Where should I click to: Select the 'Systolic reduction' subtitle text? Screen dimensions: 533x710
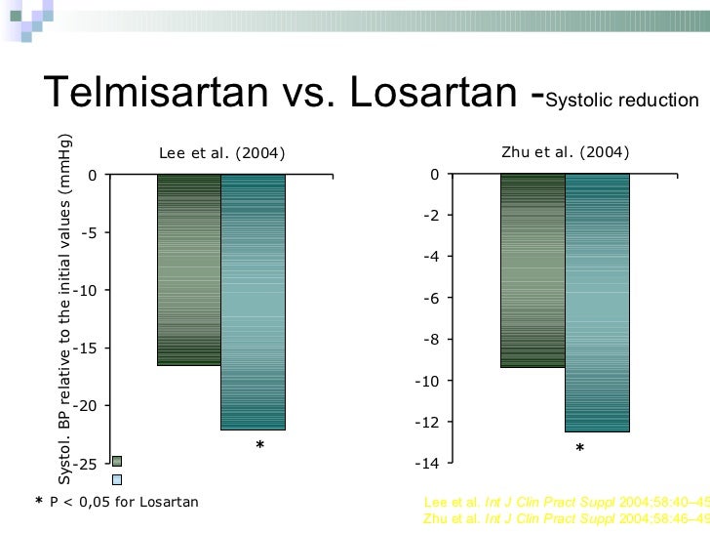tap(623, 101)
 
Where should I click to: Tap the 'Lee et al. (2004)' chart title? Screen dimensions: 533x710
tap(222, 153)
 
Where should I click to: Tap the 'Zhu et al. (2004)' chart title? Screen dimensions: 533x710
tap(565, 152)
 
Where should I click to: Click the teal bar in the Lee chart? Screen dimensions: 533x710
tap(253, 302)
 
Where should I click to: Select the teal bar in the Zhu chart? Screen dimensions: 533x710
tap(597, 303)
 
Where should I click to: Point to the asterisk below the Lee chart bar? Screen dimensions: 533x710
tap(259, 447)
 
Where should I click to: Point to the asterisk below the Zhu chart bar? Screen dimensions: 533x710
tap(579, 449)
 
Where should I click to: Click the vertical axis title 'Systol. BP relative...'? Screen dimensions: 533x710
tap(64, 307)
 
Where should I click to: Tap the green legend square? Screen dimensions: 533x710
tap(117, 461)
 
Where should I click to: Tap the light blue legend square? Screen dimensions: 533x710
tap(117, 479)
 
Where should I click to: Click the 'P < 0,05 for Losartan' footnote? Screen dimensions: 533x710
tap(123, 502)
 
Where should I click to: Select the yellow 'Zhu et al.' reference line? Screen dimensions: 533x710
tap(566, 518)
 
